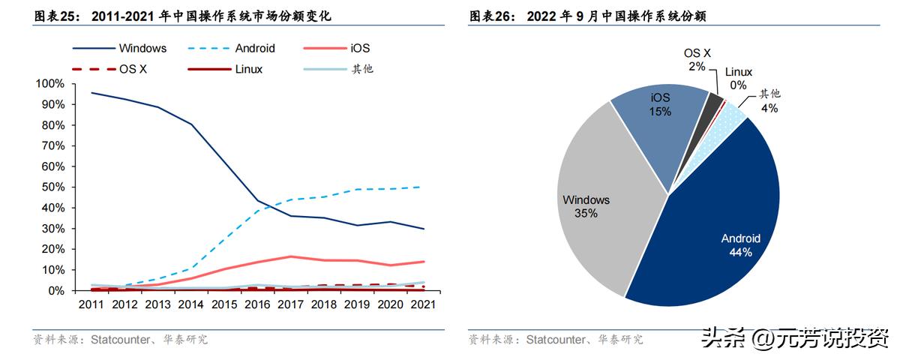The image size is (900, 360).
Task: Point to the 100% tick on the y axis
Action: (52, 83)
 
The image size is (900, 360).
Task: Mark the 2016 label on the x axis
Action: (257, 305)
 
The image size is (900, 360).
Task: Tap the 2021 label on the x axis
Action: (424, 305)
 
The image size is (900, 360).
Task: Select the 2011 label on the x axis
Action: (91, 305)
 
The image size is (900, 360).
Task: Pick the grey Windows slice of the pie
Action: (600, 210)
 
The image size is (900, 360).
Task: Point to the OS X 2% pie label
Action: (697, 59)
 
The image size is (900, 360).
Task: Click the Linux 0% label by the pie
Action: (739, 79)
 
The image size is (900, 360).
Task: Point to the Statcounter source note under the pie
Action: (555, 340)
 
